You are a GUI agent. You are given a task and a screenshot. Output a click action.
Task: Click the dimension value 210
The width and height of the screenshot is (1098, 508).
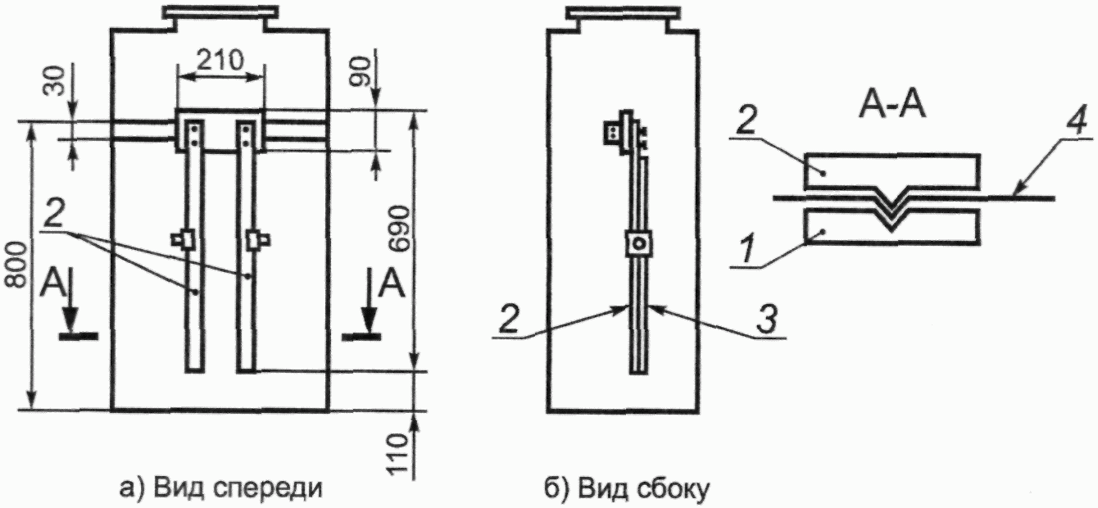[220, 61]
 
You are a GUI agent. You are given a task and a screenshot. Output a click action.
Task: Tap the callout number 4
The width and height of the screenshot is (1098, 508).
[1077, 121]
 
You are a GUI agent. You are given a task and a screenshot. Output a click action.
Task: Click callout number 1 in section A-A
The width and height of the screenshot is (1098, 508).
[747, 248]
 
